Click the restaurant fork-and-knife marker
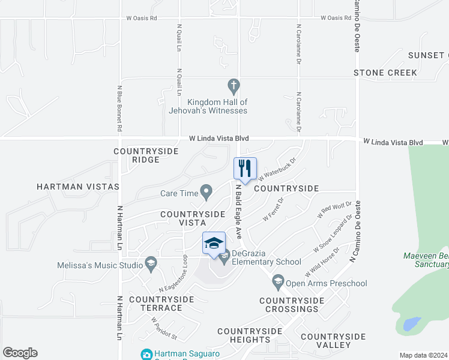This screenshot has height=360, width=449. click(245, 169)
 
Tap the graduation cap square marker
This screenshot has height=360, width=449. click(214, 243)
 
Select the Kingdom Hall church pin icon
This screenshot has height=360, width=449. click(234, 85)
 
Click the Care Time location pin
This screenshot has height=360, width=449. click(206, 193)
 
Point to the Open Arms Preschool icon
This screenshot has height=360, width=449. click(277, 280)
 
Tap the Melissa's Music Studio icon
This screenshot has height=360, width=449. click(151, 263)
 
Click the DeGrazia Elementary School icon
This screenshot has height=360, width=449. click(224, 259)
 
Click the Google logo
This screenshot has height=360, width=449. click(20, 353)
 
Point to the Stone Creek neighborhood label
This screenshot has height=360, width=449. click(385, 73)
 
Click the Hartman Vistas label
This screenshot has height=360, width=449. click(78, 187)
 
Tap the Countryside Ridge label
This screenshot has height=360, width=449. click(146, 155)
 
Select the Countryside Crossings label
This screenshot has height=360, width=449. click(289, 305)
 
